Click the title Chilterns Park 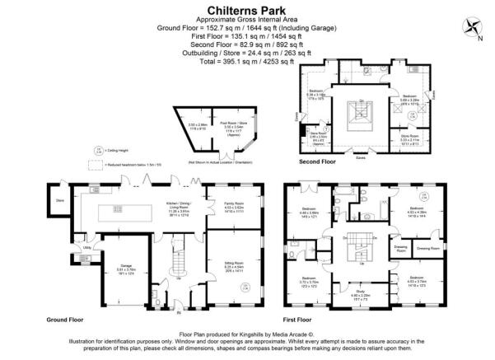(246, 7)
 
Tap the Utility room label (86, 246)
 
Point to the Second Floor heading (320, 162)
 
